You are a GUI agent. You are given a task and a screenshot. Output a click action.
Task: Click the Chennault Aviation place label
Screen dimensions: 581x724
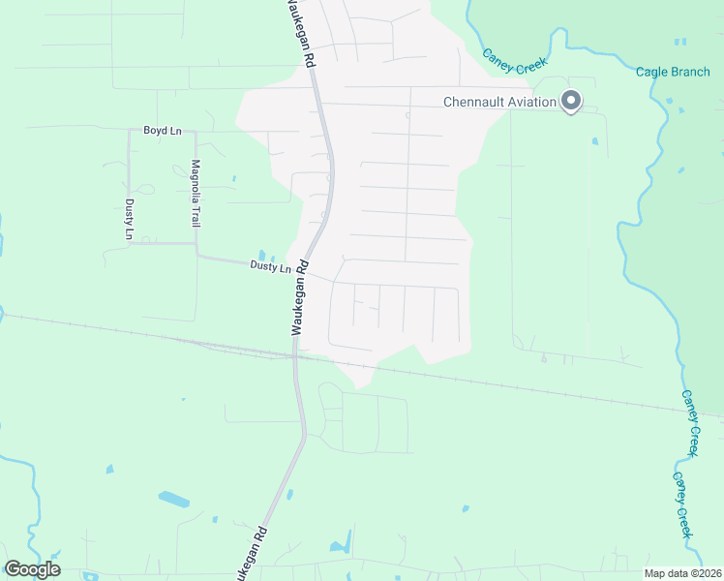click(499, 102)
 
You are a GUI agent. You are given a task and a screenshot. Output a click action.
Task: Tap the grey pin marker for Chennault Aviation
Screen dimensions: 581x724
click(571, 100)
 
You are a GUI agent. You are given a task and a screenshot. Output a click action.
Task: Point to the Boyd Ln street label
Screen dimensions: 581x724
click(162, 130)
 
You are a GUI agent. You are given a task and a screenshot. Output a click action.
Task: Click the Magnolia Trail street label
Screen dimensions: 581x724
click(196, 193)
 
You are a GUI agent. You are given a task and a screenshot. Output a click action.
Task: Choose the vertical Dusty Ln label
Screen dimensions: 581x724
click(129, 218)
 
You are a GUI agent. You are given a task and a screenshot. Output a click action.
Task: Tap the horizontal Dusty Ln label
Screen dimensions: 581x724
click(270, 266)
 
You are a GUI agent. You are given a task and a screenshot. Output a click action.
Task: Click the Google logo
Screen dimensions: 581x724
click(32, 569)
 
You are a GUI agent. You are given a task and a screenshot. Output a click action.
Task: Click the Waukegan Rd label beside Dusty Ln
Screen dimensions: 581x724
click(300, 297)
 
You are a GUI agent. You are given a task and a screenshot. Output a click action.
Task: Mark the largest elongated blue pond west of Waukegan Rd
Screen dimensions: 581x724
click(174, 499)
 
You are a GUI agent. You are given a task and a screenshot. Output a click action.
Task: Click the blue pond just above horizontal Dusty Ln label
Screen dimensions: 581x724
click(261, 256)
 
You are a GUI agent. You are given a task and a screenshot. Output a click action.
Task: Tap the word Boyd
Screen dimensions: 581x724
click(155, 130)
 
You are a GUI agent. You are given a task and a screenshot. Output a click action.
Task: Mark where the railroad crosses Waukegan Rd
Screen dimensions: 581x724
click(295, 356)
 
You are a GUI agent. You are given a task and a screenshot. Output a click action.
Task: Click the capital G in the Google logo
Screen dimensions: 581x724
click(14, 569)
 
